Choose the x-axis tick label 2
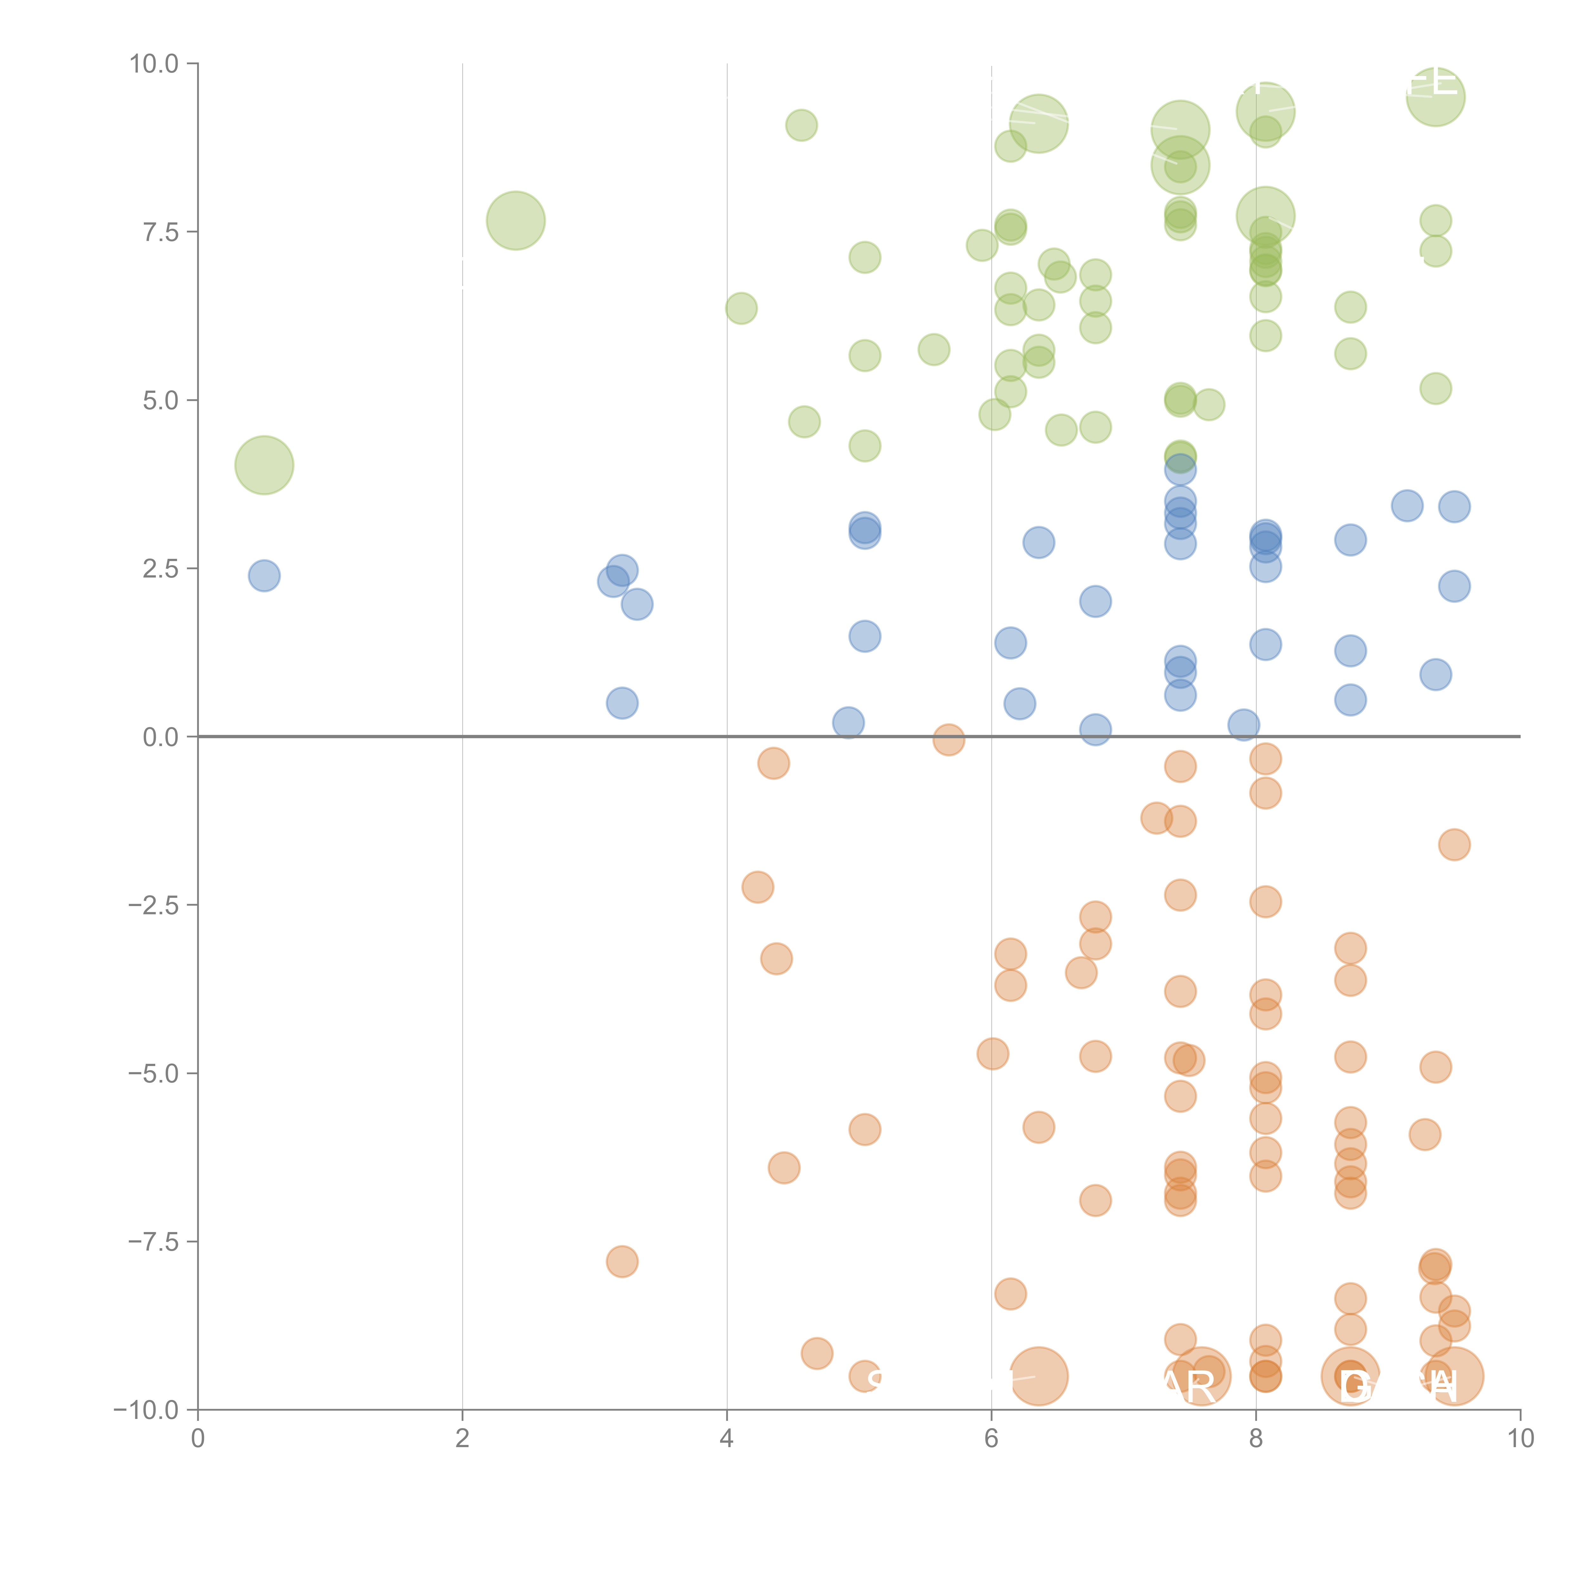click(x=463, y=1439)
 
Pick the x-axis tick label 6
click(x=991, y=1439)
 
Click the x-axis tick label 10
click(x=1520, y=1439)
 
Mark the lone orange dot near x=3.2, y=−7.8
click(x=622, y=1261)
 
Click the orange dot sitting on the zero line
click(x=948, y=739)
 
